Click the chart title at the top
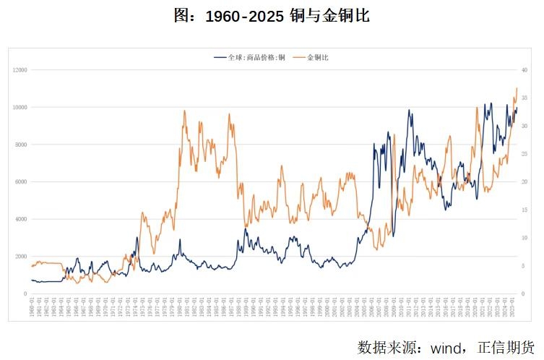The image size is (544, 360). pyautogui.click(x=272, y=15)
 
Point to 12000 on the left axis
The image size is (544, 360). pyautogui.click(x=19, y=70)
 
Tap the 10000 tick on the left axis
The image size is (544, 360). pyautogui.click(x=19, y=107)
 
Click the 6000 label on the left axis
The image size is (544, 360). pyautogui.click(x=20, y=182)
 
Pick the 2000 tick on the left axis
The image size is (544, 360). pyautogui.click(x=20, y=257)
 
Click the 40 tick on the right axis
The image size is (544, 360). pyautogui.click(x=525, y=70)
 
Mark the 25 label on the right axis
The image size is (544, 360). pyautogui.click(x=525, y=154)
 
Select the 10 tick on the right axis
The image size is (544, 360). pyautogui.click(x=525, y=238)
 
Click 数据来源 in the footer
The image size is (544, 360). pyautogui.click(x=387, y=347)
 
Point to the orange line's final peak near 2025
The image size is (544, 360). pyautogui.click(x=517, y=89)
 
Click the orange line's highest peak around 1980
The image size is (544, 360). pyautogui.click(x=184, y=111)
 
